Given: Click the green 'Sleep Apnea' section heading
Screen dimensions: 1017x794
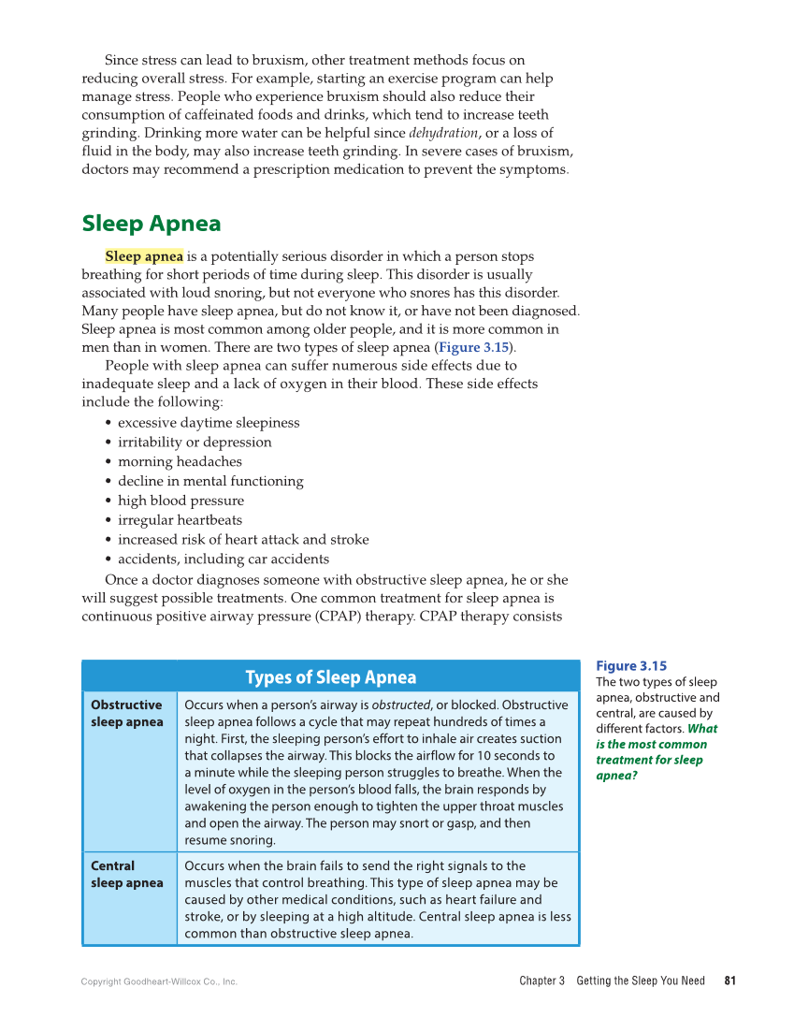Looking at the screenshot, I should (x=152, y=224).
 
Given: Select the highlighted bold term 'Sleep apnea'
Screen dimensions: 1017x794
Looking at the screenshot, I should (x=144, y=256).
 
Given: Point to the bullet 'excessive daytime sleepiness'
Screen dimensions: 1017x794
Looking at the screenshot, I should (x=209, y=423).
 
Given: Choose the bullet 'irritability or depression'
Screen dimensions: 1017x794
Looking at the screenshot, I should (x=195, y=443).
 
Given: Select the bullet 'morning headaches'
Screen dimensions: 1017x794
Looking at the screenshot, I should (x=180, y=462).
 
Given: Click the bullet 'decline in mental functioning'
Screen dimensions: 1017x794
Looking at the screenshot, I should (x=210, y=482).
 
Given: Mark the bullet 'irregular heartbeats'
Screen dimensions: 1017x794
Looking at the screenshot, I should (x=180, y=520).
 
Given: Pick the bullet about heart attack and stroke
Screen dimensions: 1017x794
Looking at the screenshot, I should (x=243, y=540).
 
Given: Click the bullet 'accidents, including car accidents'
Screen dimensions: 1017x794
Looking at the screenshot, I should (x=224, y=559).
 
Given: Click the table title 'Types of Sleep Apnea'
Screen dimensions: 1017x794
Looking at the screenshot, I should (x=331, y=677).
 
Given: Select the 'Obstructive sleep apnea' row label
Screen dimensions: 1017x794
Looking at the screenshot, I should (x=127, y=713).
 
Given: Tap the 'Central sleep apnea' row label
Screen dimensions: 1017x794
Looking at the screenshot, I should (x=127, y=874).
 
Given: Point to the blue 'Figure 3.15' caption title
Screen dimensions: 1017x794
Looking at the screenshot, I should (x=631, y=666).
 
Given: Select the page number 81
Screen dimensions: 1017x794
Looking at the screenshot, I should (x=730, y=981).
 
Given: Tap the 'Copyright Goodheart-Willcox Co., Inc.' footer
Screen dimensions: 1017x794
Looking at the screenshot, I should (x=159, y=981).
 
